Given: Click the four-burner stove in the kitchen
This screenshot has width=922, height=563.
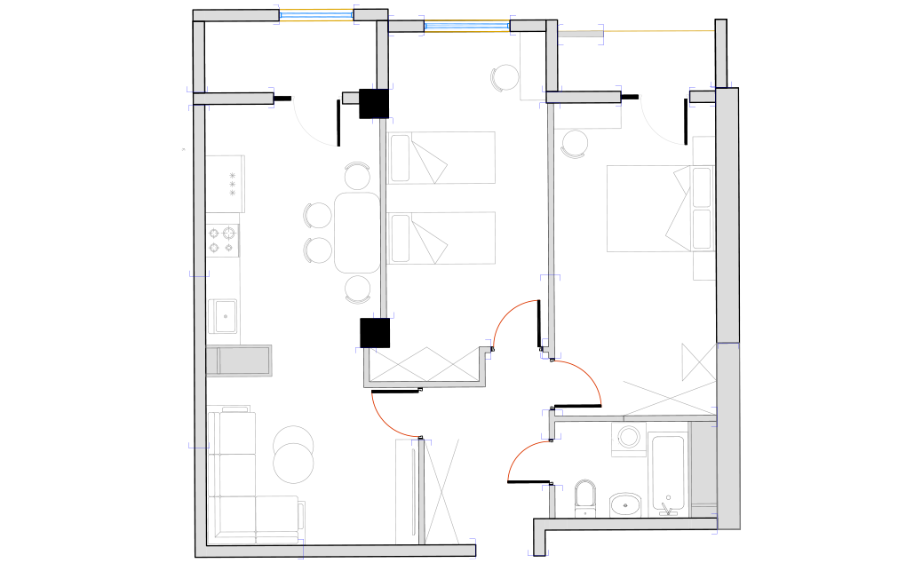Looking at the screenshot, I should (x=223, y=240).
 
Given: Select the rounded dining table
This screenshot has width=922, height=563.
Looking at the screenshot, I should (x=357, y=233).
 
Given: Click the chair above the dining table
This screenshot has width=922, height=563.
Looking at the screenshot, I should (x=357, y=176).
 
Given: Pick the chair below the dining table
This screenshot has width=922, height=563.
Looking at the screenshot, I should (x=358, y=289).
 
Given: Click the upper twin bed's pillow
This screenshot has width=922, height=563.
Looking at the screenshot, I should (x=401, y=158).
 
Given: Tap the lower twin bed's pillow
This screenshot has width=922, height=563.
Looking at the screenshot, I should (x=401, y=238).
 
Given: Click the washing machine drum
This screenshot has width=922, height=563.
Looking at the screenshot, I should (x=631, y=438).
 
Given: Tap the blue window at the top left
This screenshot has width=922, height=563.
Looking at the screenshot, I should (x=316, y=14).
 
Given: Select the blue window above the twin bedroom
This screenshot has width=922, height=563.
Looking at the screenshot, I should (x=466, y=26).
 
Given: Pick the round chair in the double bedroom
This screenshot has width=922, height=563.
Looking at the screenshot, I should (x=575, y=143).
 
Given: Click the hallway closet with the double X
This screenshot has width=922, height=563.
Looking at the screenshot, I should (x=425, y=364).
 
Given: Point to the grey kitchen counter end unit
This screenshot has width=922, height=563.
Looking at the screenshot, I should (x=239, y=361).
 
